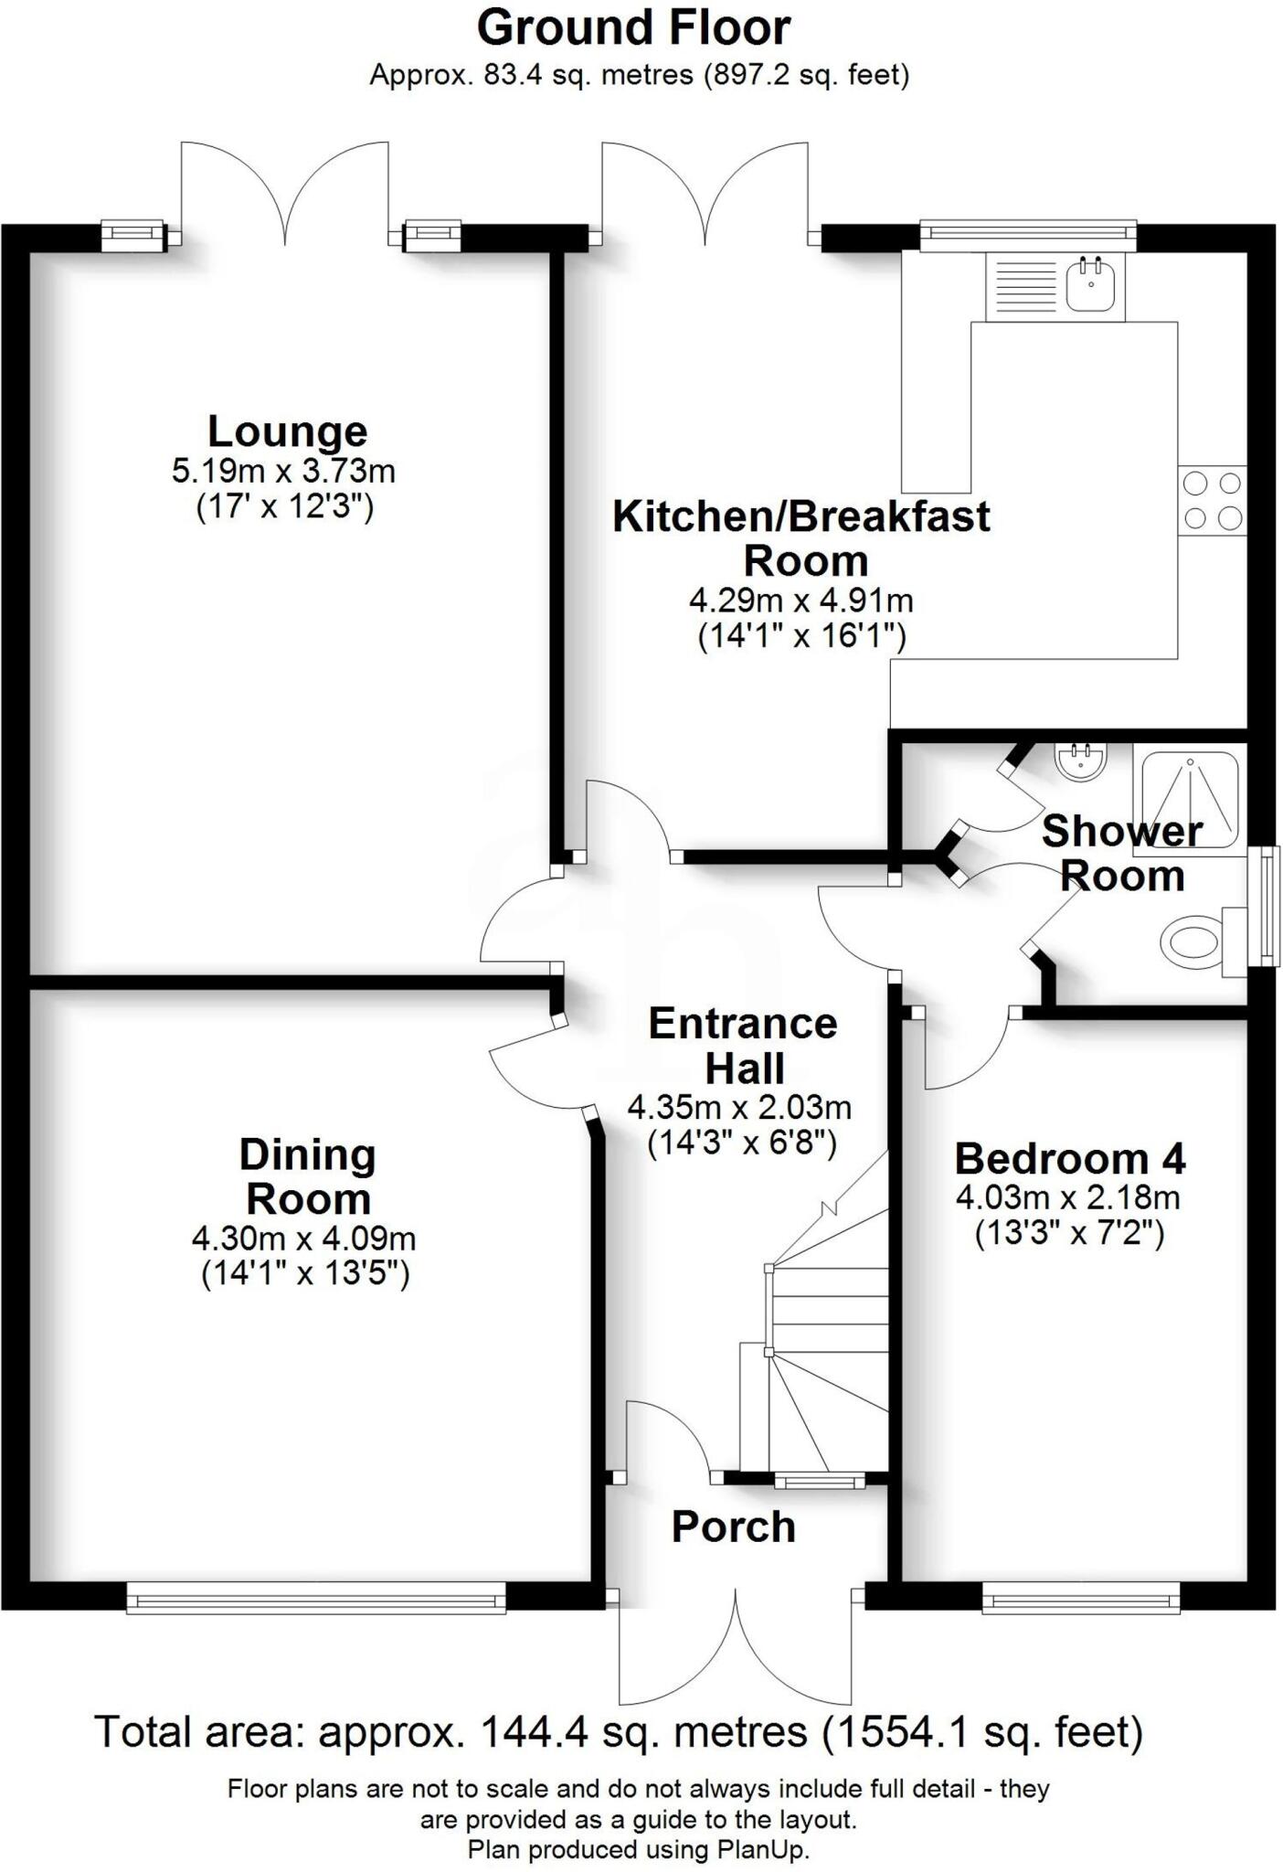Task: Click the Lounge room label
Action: (x=287, y=431)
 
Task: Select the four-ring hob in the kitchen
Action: (x=1213, y=501)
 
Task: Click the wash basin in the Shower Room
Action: (x=1080, y=760)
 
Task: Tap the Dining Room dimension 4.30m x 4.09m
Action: (x=303, y=1239)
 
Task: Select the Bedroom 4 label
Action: (x=1069, y=1159)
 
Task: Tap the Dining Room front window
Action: (x=315, y=1598)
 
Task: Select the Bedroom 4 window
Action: (x=1080, y=1598)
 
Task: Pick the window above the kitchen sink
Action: (x=1027, y=235)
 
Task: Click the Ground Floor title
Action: (x=633, y=27)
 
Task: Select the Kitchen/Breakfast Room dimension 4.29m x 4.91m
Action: (x=801, y=601)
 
